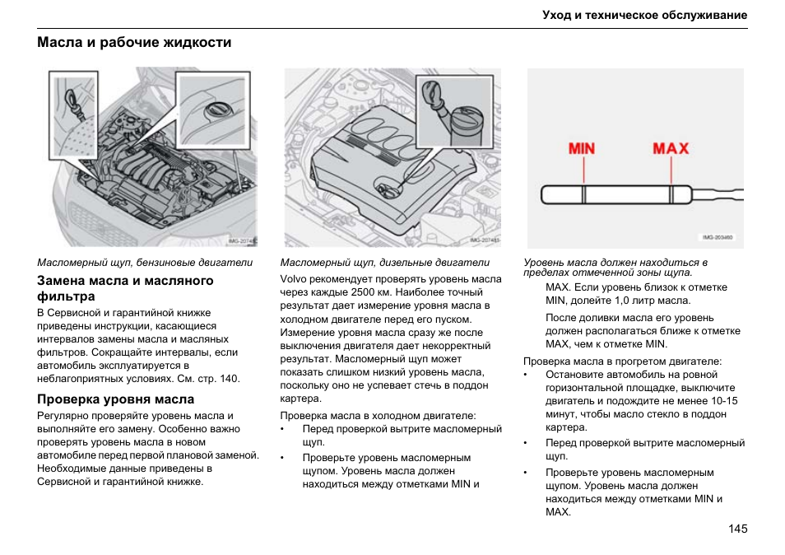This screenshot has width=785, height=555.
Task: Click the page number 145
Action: point(737,529)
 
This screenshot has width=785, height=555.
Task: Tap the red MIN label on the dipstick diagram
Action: point(583,149)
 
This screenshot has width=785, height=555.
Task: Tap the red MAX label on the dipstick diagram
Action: point(671,149)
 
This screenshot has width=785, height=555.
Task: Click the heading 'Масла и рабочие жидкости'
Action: point(134,43)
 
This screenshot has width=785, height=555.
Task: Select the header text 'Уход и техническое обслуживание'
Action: point(644,16)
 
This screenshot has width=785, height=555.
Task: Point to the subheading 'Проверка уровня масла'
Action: point(116,399)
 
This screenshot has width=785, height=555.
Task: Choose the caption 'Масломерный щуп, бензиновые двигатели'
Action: point(145,264)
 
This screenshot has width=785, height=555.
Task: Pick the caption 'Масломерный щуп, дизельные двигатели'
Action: point(385,264)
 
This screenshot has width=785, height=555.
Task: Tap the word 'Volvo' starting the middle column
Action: point(295,279)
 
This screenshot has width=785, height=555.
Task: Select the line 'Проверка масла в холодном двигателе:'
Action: point(379,416)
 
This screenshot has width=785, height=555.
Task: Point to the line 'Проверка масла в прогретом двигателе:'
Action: point(623,361)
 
